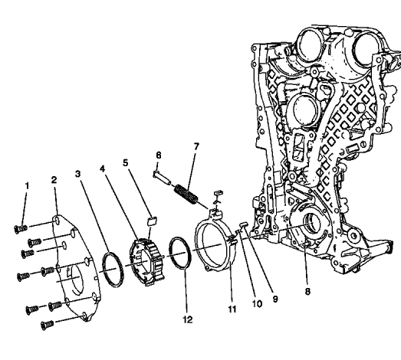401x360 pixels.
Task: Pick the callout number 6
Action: [159, 155]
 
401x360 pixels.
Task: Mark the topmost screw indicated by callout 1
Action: [21, 226]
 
